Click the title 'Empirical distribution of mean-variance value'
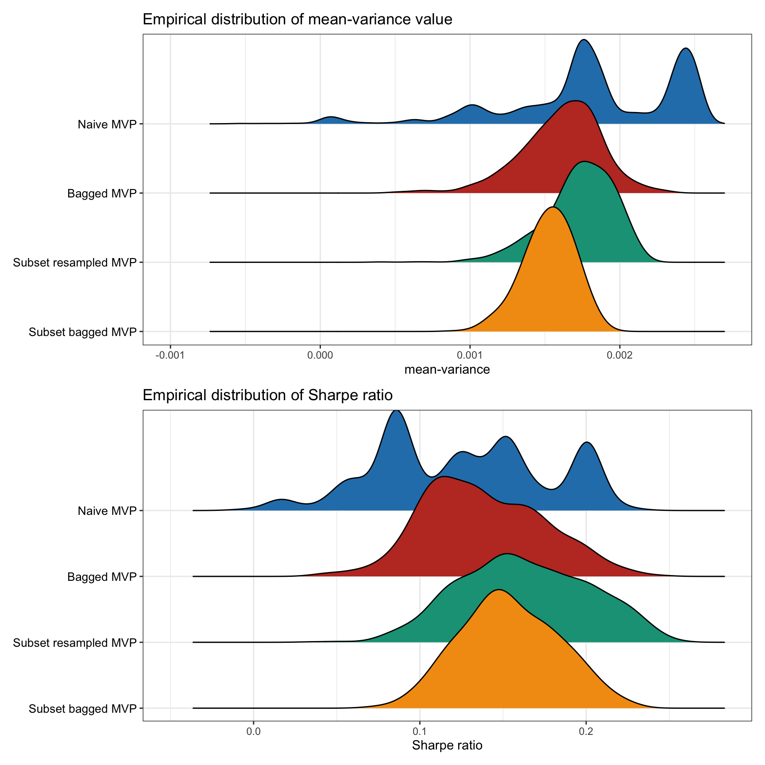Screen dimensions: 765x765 click(297, 19)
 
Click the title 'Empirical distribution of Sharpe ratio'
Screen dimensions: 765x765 click(267, 394)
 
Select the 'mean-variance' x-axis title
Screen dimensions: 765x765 click(447, 370)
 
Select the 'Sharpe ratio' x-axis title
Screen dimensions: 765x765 click(447, 745)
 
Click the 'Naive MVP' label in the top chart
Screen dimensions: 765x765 click(107, 124)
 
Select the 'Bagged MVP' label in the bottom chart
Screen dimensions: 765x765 click(102, 577)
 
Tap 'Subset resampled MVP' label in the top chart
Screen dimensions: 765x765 click(74, 263)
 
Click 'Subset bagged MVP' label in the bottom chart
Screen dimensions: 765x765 click(82, 709)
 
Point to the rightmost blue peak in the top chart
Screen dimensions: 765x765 click(685, 50)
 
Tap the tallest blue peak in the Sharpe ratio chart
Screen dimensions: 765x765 click(397, 412)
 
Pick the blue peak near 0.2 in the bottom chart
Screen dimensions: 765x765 click(587, 443)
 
